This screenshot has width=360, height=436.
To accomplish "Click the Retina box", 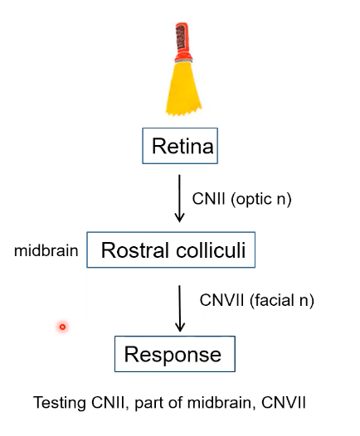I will pyautogui.click(x=182, y=148).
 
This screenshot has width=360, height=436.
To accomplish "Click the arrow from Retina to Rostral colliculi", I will pyautogui.click(x=179, y=199).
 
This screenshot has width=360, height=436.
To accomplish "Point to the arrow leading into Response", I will pyautogui.click(x=179, y=308).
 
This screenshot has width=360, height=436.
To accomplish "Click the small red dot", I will pyautogui.click(x=62, y=327).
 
